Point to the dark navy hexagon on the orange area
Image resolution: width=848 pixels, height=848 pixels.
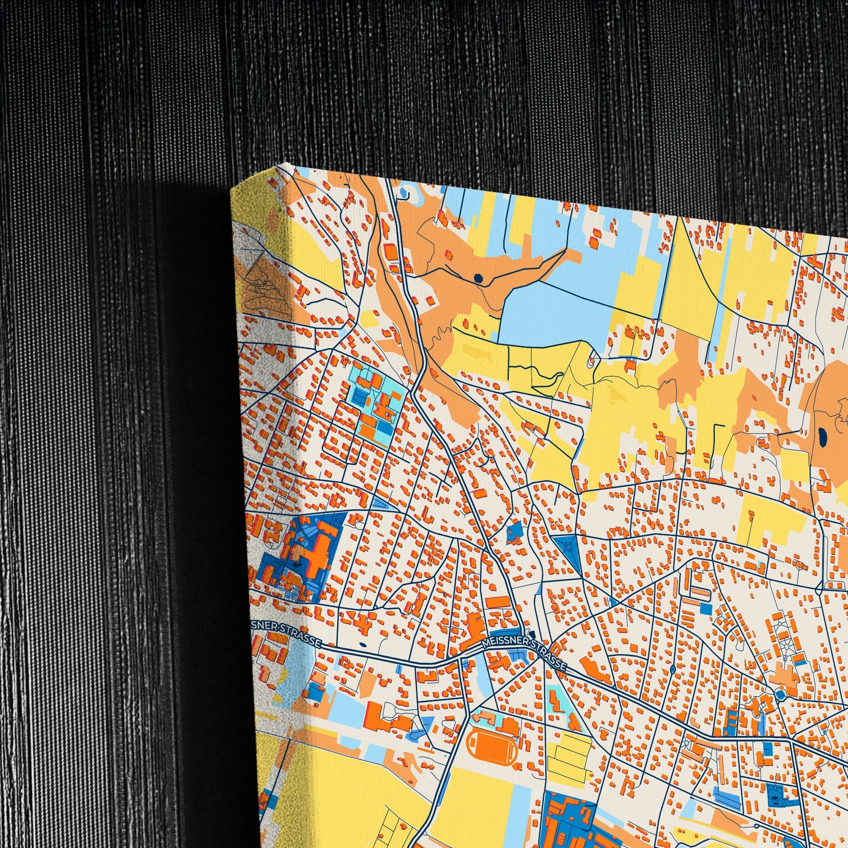click(x=478, y=278)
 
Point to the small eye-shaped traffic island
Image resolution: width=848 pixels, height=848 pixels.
click(x=673, y=669)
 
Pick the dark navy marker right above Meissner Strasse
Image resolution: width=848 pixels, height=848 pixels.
click(x=532, y=634)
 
